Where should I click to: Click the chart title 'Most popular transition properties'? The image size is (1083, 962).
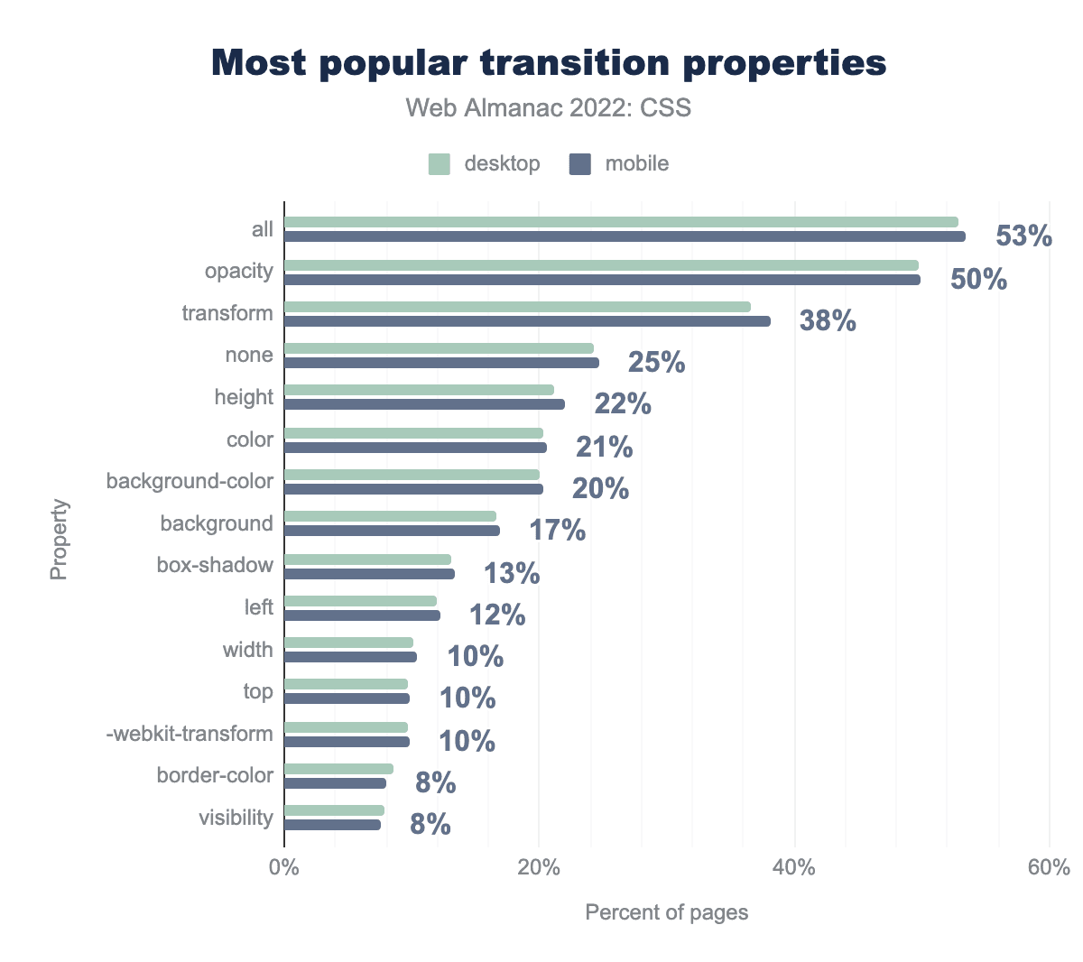coord(549,63)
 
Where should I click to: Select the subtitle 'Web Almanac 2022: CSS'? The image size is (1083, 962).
coord(549,108)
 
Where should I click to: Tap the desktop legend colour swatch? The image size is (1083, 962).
coord(440,164)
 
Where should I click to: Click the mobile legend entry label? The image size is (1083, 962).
coord(637,164)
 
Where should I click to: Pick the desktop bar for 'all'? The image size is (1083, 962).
coord(621,222)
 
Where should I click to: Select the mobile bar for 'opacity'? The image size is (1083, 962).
coord(602,280)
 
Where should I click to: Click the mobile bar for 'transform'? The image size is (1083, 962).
coord(527,321)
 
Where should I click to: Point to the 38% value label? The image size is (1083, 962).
coord(828,320)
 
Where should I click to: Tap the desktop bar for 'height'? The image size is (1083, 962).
coord(419,390)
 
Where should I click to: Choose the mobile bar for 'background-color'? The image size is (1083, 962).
coord(413,489)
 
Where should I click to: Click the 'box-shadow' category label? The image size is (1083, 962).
coord(215,566)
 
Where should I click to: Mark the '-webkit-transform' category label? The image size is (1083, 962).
coord(190,734)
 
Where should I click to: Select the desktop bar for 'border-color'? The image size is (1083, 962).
coord(338,769)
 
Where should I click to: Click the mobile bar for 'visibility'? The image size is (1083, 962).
coord(332,825)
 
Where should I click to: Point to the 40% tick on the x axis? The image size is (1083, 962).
coord(795,868)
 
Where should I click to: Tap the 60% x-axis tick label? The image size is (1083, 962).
coord(1050,868)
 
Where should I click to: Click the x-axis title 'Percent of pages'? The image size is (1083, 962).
coord(667,912)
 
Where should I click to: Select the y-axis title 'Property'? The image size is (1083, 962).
coord(59,539)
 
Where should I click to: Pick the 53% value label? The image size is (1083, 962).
coord(1023,236)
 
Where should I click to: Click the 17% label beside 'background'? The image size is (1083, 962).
coord(557,531)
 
